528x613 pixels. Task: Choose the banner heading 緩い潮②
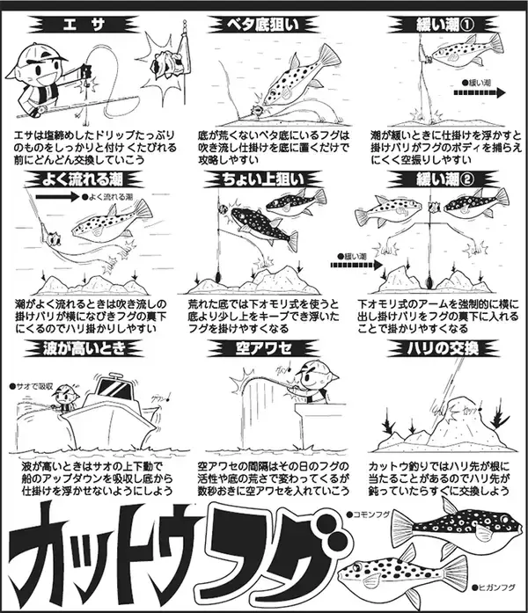click(436, 182)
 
